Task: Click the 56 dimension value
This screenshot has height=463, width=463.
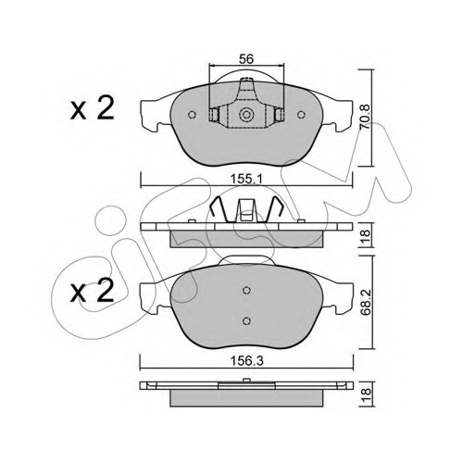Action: (x=246, y=58)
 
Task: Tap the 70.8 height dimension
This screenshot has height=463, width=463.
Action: (x=365, y=117)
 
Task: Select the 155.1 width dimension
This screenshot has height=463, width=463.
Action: (x=246, y=179)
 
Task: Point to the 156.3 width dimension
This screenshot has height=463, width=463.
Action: (x=247, y=361)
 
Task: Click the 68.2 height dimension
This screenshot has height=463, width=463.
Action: (x=366, y=303)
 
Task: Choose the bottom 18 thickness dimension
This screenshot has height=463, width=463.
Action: (x=366, y=395)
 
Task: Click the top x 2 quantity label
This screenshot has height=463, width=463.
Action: (x=92, y=108)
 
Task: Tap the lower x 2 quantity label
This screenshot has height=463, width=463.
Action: (x=92, y=291)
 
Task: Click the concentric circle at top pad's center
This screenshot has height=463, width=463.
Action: (x=246, y=115)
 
